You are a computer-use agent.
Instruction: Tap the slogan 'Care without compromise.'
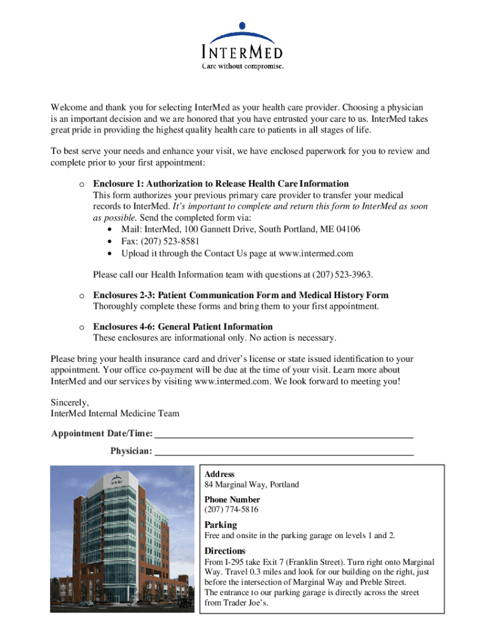click(242, 65)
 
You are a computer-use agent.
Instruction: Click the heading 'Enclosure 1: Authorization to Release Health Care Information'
click(221, 184)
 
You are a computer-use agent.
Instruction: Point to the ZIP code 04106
click(347, 229)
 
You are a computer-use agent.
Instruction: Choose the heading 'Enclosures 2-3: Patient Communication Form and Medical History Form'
click(241, 295)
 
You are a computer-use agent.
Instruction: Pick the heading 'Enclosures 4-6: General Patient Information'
click(182, 326)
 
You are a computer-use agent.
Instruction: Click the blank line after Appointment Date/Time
click(284, 434)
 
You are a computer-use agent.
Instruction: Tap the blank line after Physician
click(284, 451)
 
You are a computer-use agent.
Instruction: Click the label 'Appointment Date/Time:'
click(102, 434)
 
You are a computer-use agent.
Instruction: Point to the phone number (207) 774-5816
click(231, 509)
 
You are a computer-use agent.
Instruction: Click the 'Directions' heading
click(225, 551)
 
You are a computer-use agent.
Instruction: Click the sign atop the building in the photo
click(116, 481)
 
